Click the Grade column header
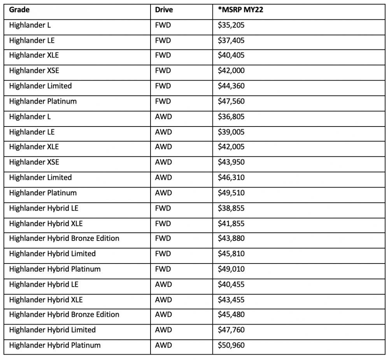[x=19, y=10]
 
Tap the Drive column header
[x=163, y=10]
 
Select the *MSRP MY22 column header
[x=240, y=10]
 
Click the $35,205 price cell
[x=231, y=25]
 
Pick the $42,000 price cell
[x=231, y=71]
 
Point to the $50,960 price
[x=231, y=345]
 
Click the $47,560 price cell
[x=231, y=101]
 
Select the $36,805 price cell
[x=231, y=117]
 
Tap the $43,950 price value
[x=231, y=162]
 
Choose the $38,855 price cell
[x=231, y=208]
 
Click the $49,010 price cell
[x=231, y=269]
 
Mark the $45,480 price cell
[x=231, y=314]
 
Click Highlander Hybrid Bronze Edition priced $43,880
[x=64, y=238]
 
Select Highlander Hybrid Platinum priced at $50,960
[x=55, y=345]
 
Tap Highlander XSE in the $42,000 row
[x=34, y=71]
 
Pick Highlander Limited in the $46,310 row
[x=40, y=177]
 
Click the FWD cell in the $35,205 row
[x=163, y=25]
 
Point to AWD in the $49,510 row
[x=163, y=193]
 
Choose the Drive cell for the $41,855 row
[x=163, y=223]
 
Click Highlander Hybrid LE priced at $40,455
[x=44, y=284]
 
